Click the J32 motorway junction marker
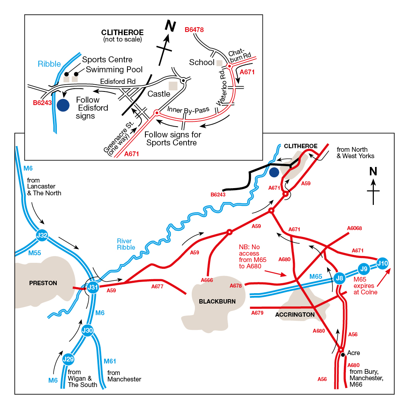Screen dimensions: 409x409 tap(42, 235)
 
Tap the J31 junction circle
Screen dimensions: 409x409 tap(93, 287)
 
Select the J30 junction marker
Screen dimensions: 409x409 tap(87, 330)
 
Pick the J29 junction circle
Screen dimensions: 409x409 tap(69, 359)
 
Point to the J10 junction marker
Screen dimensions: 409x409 tap(382, 263)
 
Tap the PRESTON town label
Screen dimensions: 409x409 tap(43, 283)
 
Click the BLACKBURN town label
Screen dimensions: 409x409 tap(217, 301)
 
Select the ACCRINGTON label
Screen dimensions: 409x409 tap(295, 315)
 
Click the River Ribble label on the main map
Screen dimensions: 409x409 tap(126, 244)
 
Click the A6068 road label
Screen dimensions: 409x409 tap(354, 228)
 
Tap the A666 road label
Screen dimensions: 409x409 tap(207, 280)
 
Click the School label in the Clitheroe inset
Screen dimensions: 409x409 tap(202, 62)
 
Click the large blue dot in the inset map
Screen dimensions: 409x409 tap(63, 105)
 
